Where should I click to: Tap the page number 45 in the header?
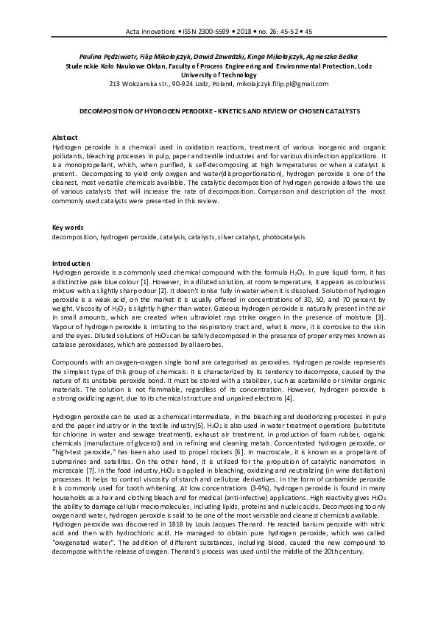coord(308,32)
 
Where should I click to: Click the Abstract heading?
coord(65,138)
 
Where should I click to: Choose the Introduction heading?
coord(71,264)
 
